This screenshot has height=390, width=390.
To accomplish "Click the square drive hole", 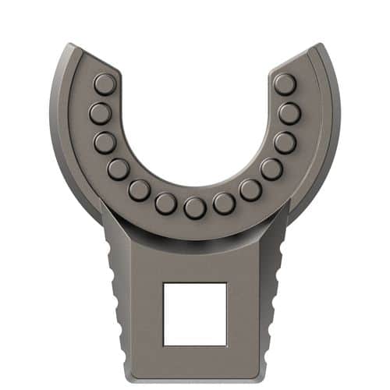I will click(x=194, y=314).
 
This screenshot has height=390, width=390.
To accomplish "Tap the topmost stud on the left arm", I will click(x=105, y=83).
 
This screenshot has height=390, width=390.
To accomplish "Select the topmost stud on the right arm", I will click(x=285, y=83).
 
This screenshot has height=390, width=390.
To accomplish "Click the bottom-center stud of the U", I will click(x=194, y=207).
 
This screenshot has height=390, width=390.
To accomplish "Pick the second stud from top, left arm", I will click(x=100, y=114).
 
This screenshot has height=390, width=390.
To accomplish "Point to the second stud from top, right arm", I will click(x=289, y=114).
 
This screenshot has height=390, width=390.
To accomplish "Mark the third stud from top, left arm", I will click(x=105, y=143).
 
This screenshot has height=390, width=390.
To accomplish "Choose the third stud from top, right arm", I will click(x=285, y=143).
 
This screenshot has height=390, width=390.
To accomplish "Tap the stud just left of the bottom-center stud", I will click(x=165, y=204).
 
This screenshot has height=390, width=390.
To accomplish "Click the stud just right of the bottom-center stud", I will click(x=224, y=204).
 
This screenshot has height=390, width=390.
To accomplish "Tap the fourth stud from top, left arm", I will click(x=119, y=168).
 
